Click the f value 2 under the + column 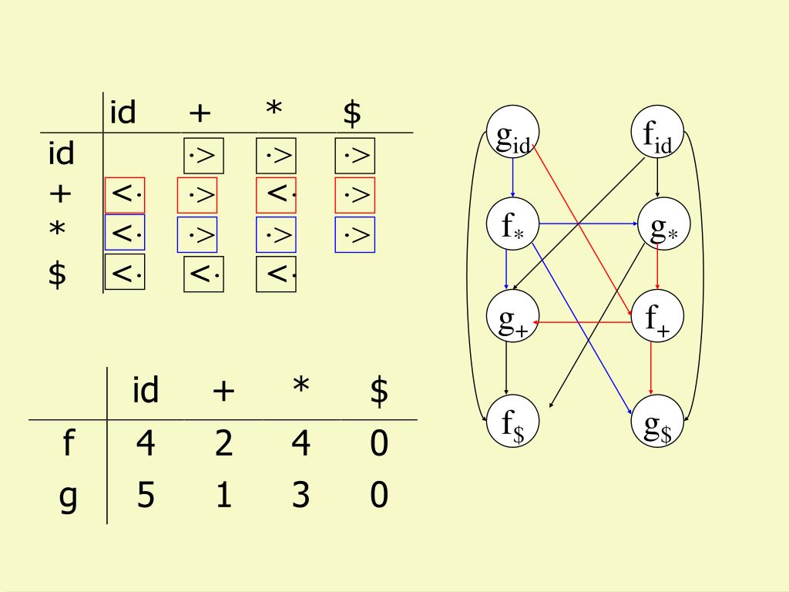(x=223, y=445)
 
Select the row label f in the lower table (x=68, y=445)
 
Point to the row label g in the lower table (x=68, y=497)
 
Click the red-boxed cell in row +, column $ (x=354, y=195)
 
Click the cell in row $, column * (x=276, y=274)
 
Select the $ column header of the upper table (x=352, y=114)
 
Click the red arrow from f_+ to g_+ (x=586, y=323)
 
